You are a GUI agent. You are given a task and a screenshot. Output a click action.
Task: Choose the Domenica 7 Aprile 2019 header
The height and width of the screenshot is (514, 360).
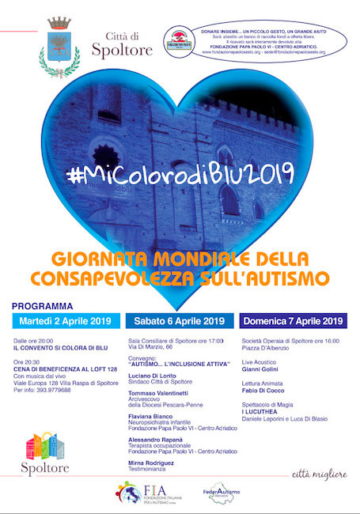point(293,321)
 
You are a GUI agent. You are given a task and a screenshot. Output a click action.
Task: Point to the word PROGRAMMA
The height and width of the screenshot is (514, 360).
point(44,305)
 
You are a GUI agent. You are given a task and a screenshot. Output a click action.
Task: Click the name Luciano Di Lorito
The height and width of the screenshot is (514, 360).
point(153,375)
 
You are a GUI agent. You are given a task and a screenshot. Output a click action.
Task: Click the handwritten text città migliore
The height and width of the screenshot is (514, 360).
point(320,474)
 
